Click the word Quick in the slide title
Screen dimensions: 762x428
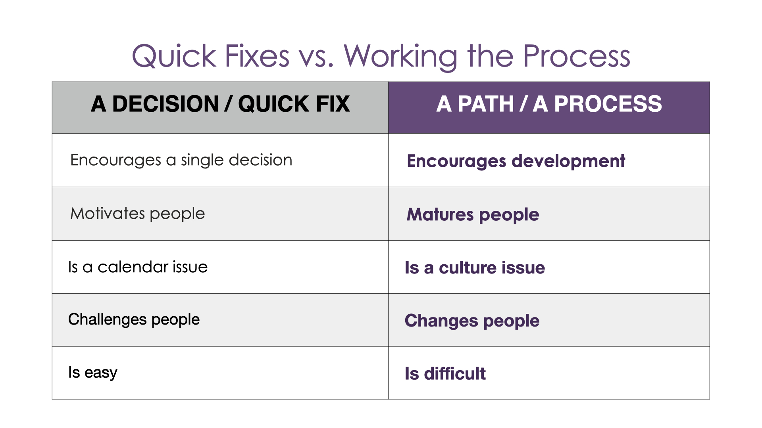[174, 56]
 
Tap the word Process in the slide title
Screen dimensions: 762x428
[577, 56]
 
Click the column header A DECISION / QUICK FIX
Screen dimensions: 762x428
[220, 104]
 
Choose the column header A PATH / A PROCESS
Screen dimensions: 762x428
[549, 104]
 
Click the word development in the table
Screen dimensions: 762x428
[568, 161]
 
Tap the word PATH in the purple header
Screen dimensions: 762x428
[486, 104]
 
